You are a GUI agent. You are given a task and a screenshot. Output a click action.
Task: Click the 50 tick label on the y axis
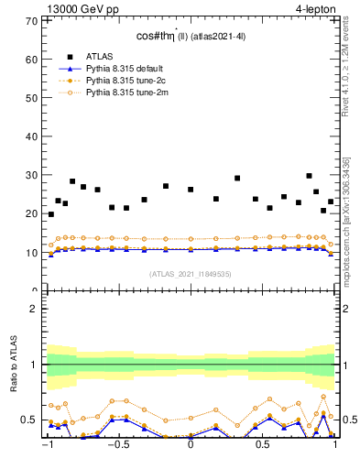(31, 98)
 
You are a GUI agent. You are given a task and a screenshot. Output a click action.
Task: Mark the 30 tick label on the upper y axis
(31, 175)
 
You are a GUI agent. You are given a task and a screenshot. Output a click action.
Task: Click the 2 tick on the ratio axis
(34, 309)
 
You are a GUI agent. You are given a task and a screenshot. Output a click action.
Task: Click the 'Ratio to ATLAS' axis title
(13, 365)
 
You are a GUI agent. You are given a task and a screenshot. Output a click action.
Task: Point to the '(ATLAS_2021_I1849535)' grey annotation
(191, 273)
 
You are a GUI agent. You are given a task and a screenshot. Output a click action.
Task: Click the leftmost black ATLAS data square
(50, 214)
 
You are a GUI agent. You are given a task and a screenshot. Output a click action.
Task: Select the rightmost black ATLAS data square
(331, 202)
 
